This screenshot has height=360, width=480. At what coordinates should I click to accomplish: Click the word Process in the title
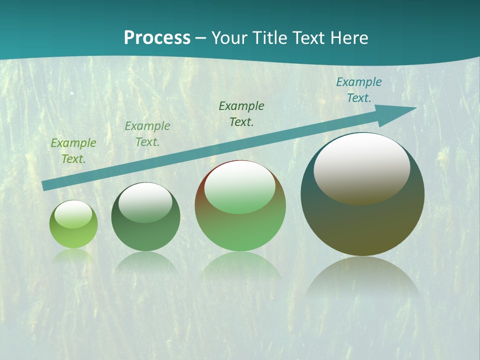coord(157,38)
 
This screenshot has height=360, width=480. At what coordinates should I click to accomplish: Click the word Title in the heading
coord(268,38)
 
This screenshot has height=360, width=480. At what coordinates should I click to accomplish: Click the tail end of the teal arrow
coord(44,186)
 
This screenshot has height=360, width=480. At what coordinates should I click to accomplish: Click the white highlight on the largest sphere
coord(361,168)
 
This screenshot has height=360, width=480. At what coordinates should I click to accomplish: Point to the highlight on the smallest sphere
coord(73,214)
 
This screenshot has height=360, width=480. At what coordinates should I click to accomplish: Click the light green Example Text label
coord(73,150)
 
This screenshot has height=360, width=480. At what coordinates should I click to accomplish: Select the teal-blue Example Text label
coord(359,90)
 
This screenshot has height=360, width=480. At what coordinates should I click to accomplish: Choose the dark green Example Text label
coord(241,113)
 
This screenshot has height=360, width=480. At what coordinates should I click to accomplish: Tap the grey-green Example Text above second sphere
coord(147,133)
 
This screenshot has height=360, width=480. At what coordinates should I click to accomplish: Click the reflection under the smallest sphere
coord(73,255)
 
